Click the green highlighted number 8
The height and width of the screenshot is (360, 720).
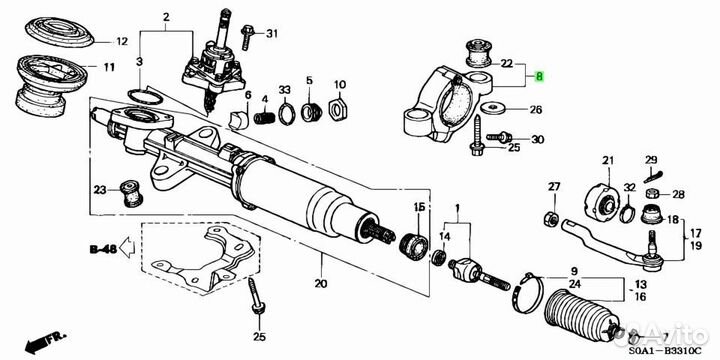[540, 77]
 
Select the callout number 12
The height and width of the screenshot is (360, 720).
[121, 42]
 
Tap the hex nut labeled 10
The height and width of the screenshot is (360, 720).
[338, 110]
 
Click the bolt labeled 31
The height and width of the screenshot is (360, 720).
[247, 36]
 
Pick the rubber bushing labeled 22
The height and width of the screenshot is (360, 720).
[478, 53]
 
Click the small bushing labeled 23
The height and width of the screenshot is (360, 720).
[131, 193]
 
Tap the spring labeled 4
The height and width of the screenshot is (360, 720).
[264, 118]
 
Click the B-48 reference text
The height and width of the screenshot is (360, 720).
[103, 250]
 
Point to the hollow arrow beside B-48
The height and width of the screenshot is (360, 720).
[127, 249]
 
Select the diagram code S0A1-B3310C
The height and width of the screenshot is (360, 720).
[665, 351]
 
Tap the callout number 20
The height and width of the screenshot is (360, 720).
[321, 283]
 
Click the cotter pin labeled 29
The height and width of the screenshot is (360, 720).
[652, 175]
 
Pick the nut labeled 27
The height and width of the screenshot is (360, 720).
[551, 218]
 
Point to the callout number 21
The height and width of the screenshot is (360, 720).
[608, 160]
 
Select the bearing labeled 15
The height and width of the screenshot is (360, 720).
[414, 246]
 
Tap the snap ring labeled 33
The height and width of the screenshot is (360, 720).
[287, 115]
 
